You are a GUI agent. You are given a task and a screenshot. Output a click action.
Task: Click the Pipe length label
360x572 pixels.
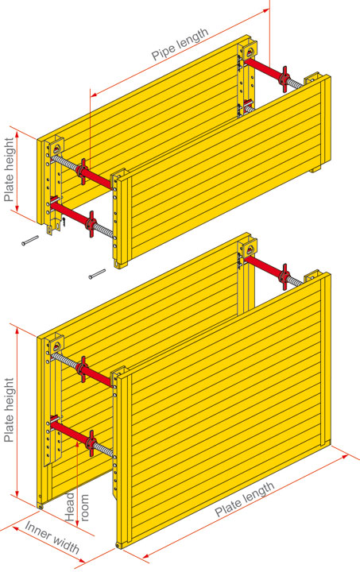click(180, 44)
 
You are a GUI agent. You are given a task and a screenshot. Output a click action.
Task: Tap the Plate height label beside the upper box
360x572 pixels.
click(9, 170)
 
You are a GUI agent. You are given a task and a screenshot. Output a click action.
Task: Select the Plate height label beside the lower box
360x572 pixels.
click(9, 410)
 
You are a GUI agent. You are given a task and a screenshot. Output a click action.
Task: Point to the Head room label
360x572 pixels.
click(76, 508)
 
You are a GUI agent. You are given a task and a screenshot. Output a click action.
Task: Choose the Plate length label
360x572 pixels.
click(245, 500)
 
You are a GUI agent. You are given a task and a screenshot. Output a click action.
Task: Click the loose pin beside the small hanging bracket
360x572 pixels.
click(30, 241)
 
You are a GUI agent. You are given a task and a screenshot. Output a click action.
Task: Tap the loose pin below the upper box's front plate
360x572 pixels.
click(97, 274)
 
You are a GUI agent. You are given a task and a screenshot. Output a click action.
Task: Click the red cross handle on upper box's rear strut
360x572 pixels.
click(285, 79)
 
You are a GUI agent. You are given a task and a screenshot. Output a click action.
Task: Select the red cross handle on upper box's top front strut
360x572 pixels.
click(83, 172)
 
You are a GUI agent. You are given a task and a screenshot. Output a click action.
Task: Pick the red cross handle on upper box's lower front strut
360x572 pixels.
click(91, 223)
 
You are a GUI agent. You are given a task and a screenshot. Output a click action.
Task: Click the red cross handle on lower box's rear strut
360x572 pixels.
click(285, 277)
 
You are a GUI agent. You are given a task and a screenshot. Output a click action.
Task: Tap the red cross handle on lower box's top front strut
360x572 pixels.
click(83, 369)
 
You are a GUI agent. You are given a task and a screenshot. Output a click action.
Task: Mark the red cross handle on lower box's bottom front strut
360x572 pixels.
click(91, 443)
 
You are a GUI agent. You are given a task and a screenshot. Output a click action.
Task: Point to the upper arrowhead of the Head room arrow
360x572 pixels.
click(77, 443)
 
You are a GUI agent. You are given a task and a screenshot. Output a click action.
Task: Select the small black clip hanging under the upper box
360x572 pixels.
click(64, 222)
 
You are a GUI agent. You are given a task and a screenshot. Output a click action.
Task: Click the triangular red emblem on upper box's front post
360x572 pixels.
click(56, 148)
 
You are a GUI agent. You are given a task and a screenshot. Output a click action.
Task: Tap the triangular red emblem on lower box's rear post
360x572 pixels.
click(250, 249)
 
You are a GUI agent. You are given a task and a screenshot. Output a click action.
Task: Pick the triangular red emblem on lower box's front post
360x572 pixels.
click(56, 346)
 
